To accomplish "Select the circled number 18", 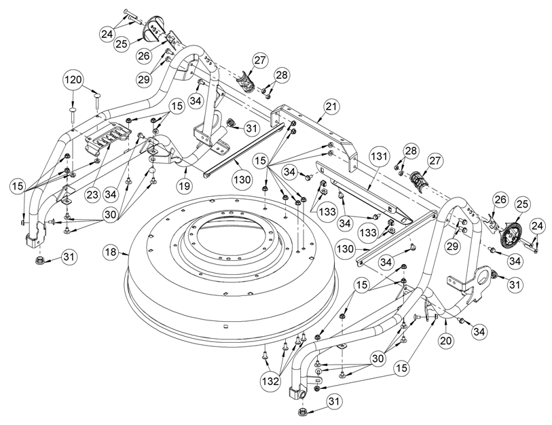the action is point(111,252).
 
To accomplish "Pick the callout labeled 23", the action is point(92,195).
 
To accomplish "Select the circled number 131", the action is point(379,156).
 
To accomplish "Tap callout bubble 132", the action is point(270,382).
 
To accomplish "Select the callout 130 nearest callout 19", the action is point(242,180).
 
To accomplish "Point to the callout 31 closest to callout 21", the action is point(251,128).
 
